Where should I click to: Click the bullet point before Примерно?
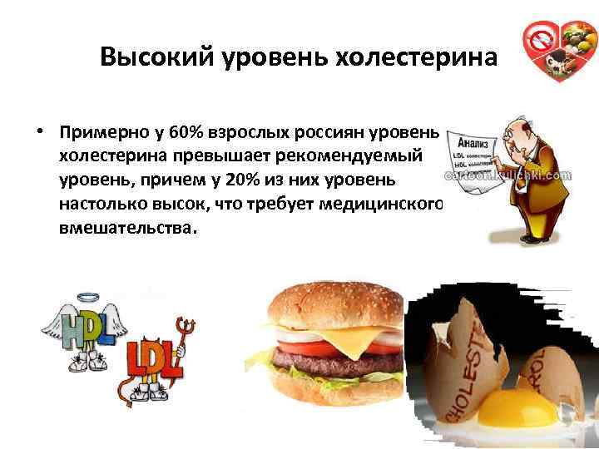pos(39,133)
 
